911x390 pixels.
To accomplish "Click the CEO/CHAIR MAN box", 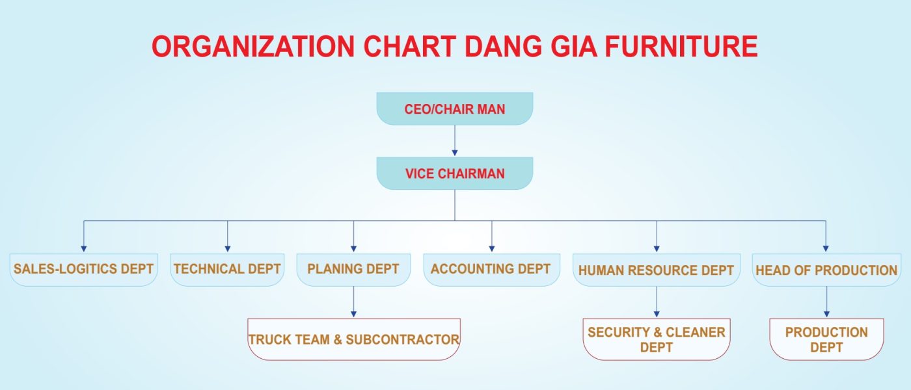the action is [x=455, y=109].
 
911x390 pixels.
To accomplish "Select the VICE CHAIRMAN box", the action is [x=455, y=173].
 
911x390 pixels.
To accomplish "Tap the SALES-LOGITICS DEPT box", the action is [x=84, y=270].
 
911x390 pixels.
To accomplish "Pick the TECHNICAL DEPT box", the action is [x=227, y=270].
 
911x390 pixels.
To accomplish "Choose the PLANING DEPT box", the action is [x=353, y=270].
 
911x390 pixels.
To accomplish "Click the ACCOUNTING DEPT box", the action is [x=492, y=270].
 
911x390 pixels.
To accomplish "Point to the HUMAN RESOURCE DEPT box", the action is [x=657, y=270].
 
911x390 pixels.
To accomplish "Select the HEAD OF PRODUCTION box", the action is [x=826, y=270].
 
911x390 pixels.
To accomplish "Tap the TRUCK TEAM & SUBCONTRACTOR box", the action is [x=354, y=339].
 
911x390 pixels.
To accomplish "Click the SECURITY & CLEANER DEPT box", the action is [x=657, y=339].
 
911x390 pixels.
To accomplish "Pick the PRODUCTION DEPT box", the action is [x=826, y=339].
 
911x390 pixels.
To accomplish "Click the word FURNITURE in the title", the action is [x=681, y=46].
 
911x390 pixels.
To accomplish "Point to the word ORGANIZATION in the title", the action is [x=253, y=46].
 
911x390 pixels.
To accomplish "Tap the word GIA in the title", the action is [x=574, y=46].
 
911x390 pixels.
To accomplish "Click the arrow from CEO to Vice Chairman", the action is [x=455, y=140].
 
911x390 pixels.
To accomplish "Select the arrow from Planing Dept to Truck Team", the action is [x=353, y=302].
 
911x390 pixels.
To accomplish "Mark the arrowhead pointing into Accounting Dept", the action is [x=492, y=248].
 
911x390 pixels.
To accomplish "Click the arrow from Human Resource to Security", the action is [x=657, y=302].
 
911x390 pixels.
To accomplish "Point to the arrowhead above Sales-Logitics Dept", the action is [x=84, y=248].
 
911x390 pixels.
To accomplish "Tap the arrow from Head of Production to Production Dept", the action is [x=826, y=302].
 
